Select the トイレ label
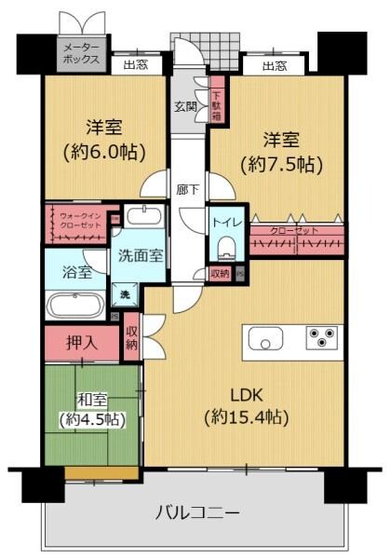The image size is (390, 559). [x=223, y=222]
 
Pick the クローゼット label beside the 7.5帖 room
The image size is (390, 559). [x=294, y=230]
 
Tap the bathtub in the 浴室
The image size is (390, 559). [x=75, y=305]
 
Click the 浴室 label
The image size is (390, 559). [x=70, y=273]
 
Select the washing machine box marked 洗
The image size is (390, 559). [x=123, y=295]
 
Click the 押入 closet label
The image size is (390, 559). [x=80, y=342]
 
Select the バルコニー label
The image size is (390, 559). [x=196, y=511]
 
